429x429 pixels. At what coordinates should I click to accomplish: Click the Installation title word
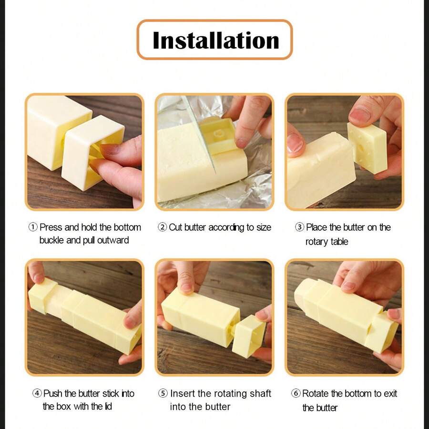tap(215, 40)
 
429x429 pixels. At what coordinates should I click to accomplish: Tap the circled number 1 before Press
tap(33, 227)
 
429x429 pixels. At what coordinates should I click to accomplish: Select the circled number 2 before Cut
tap(162, 227)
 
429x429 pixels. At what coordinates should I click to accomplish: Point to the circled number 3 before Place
tap(299, 227)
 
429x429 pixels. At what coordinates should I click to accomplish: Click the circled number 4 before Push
tap(37, 394)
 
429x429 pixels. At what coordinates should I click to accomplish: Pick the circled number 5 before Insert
tap(163, 394)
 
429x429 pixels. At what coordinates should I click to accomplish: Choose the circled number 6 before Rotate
tap(296, 394)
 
